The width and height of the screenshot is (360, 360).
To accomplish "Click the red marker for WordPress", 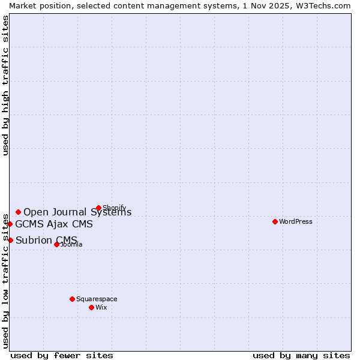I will point(275,221).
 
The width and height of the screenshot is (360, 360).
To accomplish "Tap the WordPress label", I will point(296,221).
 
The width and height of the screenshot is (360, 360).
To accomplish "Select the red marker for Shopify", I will point(98,208).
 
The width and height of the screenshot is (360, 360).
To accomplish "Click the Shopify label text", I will point(115,208).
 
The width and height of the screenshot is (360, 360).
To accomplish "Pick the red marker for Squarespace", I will point(72,299).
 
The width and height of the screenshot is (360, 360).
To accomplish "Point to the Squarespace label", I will point(97,299).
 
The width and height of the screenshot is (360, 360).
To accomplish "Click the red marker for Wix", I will point(91,307).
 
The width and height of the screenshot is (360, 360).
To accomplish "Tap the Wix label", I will point(101,307).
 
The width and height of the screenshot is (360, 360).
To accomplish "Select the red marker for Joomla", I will point(56,244).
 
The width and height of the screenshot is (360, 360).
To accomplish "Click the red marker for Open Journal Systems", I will point(18,212).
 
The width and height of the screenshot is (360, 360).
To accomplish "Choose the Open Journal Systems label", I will point(77,212).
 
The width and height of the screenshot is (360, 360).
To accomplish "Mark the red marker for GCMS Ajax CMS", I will point(10,224).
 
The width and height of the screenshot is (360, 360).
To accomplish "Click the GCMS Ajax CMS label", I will point(54,224).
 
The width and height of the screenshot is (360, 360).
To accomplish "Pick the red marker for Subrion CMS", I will point(10,240).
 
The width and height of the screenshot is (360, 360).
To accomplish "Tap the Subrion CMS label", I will point(46,241).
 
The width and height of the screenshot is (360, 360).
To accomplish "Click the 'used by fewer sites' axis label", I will point(62,355).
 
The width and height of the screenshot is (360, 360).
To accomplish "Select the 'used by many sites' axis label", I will point(301,355).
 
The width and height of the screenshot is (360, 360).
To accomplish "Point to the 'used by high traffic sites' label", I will point(5,86).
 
